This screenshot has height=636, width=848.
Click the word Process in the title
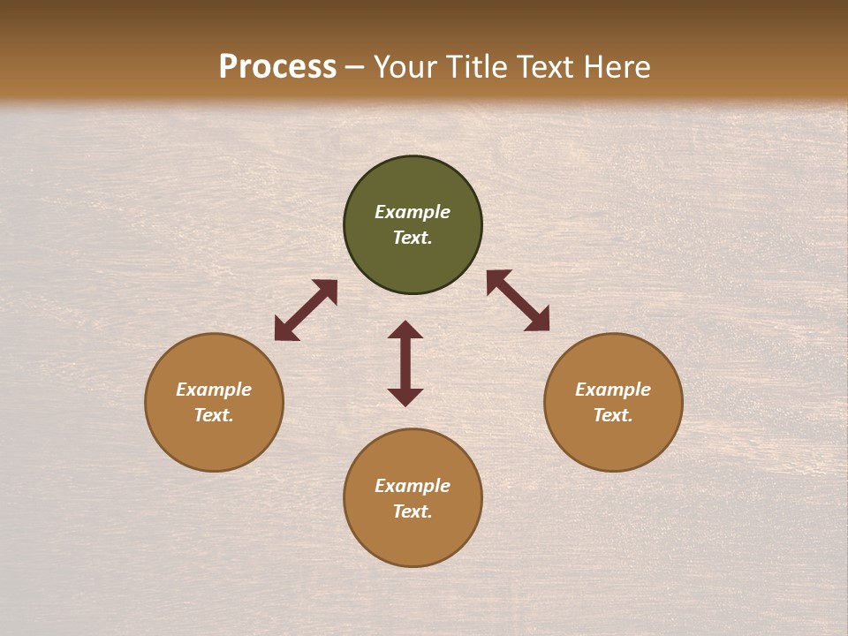point(277,67)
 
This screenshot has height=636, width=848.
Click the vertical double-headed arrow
point(405,363)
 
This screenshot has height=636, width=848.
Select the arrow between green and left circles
point(306,310)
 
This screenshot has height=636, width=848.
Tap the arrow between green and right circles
point(518,300)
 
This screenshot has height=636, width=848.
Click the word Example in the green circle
point(413,212)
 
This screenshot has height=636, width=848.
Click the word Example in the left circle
point(214,390)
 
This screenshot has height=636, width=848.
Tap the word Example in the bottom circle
point(413,486)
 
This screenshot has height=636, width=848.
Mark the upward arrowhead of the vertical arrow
point(405,329)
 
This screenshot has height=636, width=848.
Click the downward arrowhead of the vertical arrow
point(405,397)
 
